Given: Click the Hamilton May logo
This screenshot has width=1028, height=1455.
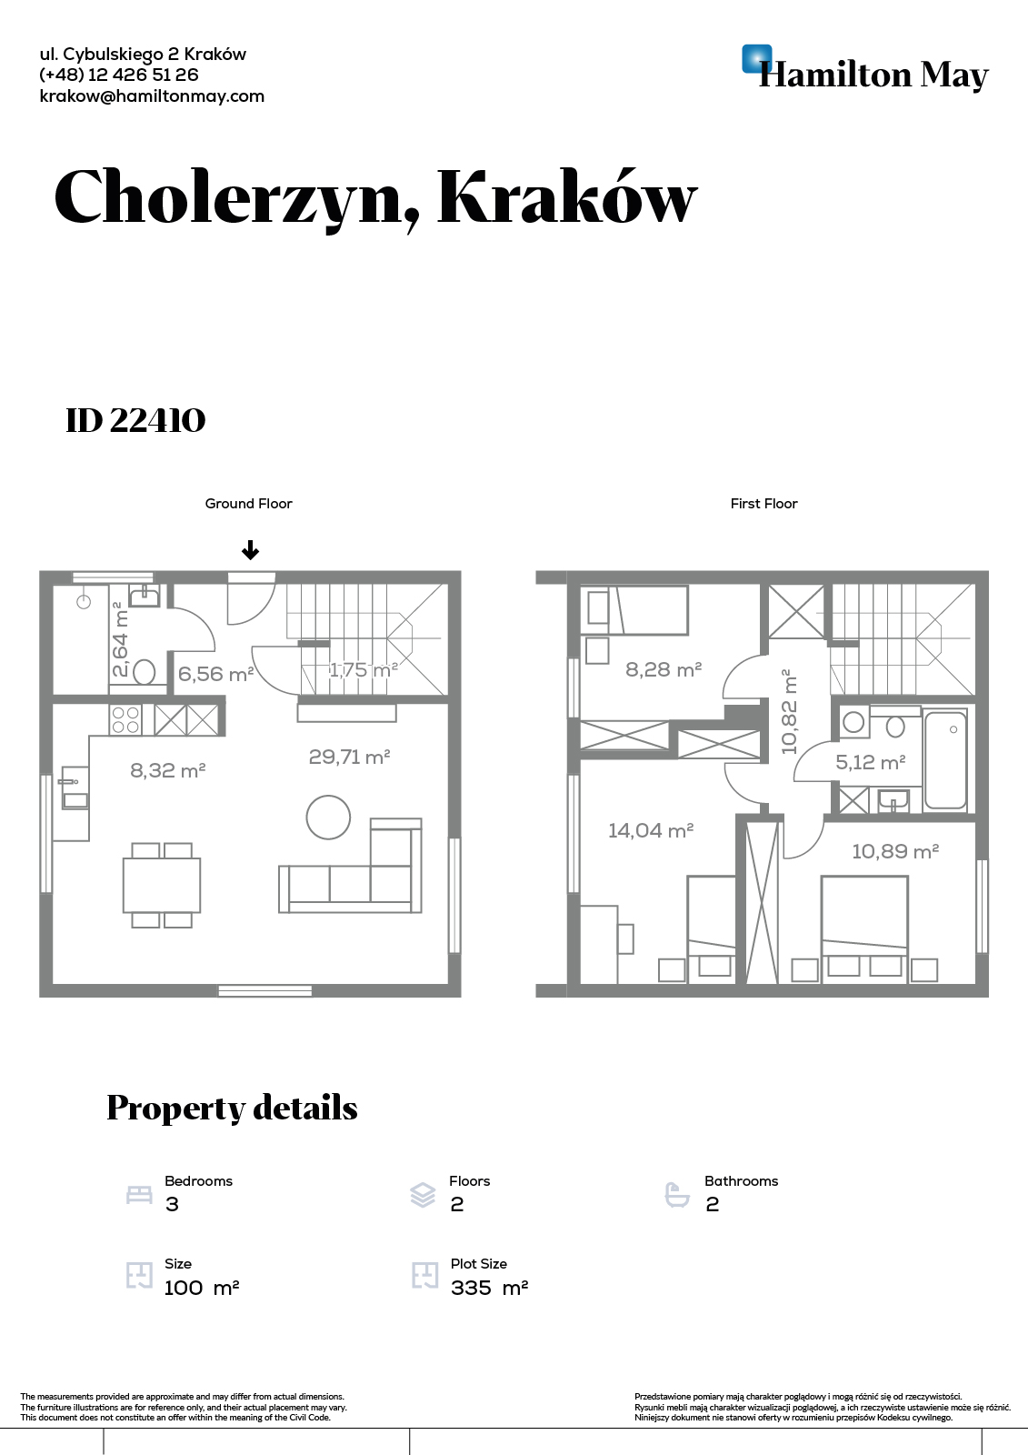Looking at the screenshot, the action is [865, 69].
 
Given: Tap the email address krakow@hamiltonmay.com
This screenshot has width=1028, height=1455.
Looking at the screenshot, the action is [152, 96].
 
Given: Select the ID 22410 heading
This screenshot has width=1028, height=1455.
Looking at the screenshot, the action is [135, 420].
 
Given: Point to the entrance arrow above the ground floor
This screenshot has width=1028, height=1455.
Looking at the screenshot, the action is [250, 551].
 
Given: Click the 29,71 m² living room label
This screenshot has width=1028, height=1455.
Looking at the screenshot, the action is [349, 757].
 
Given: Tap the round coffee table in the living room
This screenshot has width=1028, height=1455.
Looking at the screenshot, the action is [329, 818].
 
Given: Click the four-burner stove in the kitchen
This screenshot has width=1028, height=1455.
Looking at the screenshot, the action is [125, 719].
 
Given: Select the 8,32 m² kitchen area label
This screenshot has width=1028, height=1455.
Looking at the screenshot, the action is [167, 770].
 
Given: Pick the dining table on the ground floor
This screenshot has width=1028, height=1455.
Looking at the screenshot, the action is [162, 886].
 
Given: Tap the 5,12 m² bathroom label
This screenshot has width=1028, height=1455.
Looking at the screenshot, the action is [870, 762].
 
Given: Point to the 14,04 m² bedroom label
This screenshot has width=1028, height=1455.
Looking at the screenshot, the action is [651, 830].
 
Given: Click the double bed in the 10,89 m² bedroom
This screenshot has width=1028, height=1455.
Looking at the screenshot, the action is [864, 928].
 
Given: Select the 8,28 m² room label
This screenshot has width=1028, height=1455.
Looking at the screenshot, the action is [664, 669].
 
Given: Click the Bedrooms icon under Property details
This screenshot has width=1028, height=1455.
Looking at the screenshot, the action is [139, 1194].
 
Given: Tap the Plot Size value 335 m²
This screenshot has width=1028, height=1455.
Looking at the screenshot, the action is [490, 1288].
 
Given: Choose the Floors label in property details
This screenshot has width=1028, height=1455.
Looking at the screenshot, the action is [470, 1181].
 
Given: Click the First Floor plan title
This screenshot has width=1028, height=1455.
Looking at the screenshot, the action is [764, 504].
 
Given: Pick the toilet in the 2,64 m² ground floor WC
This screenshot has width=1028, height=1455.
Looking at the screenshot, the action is [144, 672].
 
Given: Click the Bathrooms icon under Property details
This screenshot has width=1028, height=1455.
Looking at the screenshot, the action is [677, 1195].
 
